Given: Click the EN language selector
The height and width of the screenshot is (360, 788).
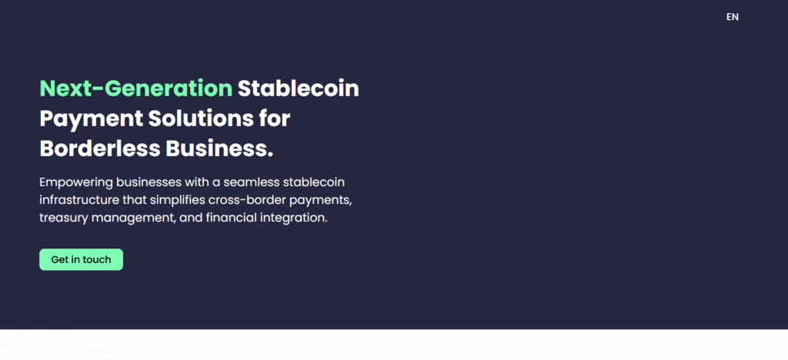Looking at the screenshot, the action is coord(733,17).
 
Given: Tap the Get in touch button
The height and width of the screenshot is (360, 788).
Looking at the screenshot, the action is coord(81,259).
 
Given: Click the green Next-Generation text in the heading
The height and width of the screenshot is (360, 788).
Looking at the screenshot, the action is coord(135,88).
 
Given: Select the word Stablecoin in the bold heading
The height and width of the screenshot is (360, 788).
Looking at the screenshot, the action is coord(299,88).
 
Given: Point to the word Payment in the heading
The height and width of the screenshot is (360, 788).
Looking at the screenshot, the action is coord(91,119).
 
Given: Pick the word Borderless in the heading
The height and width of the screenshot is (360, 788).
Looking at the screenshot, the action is coord(99,148).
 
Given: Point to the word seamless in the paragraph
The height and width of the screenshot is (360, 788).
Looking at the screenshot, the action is coord(250,182).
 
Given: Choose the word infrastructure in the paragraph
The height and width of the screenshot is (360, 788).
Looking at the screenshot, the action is coord(79,200).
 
